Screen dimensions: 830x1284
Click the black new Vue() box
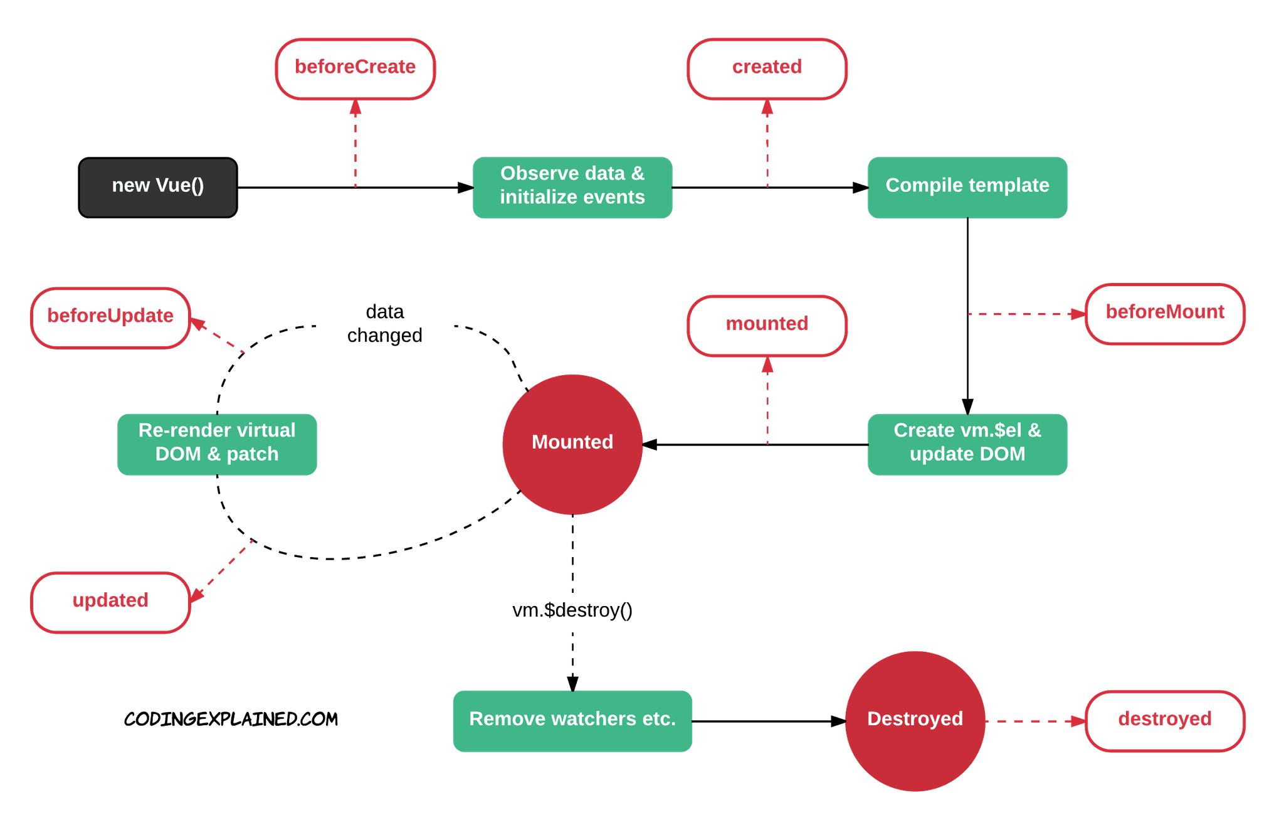(157, 187)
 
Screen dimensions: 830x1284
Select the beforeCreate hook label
(355, 68)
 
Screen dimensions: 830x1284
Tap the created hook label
(767, 68)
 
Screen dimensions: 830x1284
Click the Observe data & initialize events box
(572, 187)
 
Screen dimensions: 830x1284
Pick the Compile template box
(967, 187)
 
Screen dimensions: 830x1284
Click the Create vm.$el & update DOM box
(967, 444)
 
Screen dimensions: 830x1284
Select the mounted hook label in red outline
(767, 325)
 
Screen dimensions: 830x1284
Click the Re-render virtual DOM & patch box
(217, 444)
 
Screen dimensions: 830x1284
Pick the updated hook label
(110, 601)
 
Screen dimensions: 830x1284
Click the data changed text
(384, 324)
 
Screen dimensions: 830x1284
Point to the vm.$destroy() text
(572, 610)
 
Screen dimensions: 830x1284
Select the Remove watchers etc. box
(572, 720)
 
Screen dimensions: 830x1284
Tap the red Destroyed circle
(915, 720)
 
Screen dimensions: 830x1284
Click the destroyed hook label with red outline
(1164, 720)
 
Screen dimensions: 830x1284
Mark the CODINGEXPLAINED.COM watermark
(231, 719)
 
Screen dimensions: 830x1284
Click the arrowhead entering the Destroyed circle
(838, 721)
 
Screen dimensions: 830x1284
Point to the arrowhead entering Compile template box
(860, 188)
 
